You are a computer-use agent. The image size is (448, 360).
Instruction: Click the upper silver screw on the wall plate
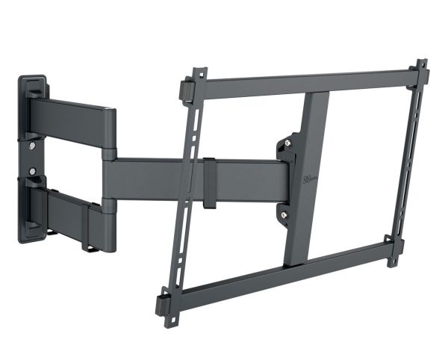pos(31,145)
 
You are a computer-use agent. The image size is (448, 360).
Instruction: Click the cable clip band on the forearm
pos(210,183)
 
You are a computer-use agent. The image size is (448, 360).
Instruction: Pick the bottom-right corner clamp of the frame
pos(393,249)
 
